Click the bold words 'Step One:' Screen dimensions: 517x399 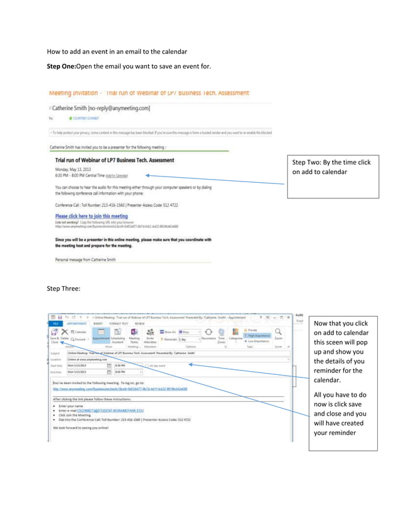tap(61, 66)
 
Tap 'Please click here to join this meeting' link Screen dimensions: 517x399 tap(91, 216)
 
